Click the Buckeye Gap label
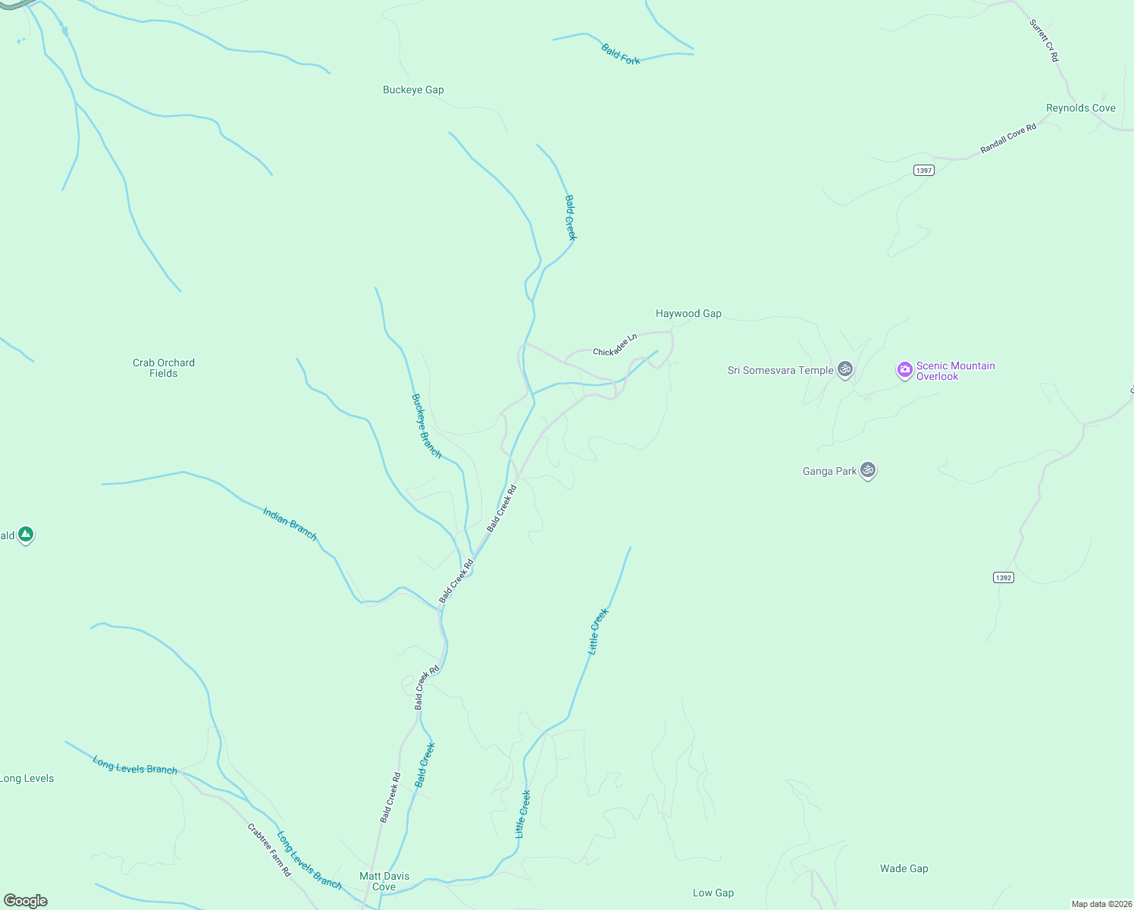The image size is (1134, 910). pyautogui.click(x=413, y=89)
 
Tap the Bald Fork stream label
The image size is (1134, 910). pyautogui.click(x=621, y=55)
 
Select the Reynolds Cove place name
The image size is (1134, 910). pyautogui.click(x=1080, y=108)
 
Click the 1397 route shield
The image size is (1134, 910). pyautogui.click(x=923, y=170)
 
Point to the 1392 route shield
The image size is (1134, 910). pyautogui.click(x=1003, y=577)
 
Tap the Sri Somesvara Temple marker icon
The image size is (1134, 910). pyautogui.click(x=845, y=369)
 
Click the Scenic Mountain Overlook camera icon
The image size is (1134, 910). pyautogui.click(x=904, y=370)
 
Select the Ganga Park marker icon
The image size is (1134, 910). pyautogui.click(x=868, y=470)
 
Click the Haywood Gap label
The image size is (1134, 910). pyautogui.click(x=688, y=313)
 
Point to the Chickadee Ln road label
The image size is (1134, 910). pyautogui.click(x=615, y=345)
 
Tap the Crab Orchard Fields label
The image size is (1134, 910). pyautogui.click(x=164, y=368)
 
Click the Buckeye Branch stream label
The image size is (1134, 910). pyautogui.click(x=426, y=425)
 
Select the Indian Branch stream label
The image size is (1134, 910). pyautogui.click(x=290, y=523)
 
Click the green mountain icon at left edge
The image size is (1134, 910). pyautogui.click(x=26, y=535)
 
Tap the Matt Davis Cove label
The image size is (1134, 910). pyautogui.click(x=384, y=881)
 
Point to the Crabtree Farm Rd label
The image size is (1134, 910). pyautogui.click(x=269, y=850)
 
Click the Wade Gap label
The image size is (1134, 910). pyautogui.click(x=904, y=868)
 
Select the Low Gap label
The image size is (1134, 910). pyautogui.click(x=713, y=893)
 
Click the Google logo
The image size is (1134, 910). pyautogui.click(x=26, y=901)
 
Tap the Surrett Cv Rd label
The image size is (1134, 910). pyautogui.click(x=1044, y=41)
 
